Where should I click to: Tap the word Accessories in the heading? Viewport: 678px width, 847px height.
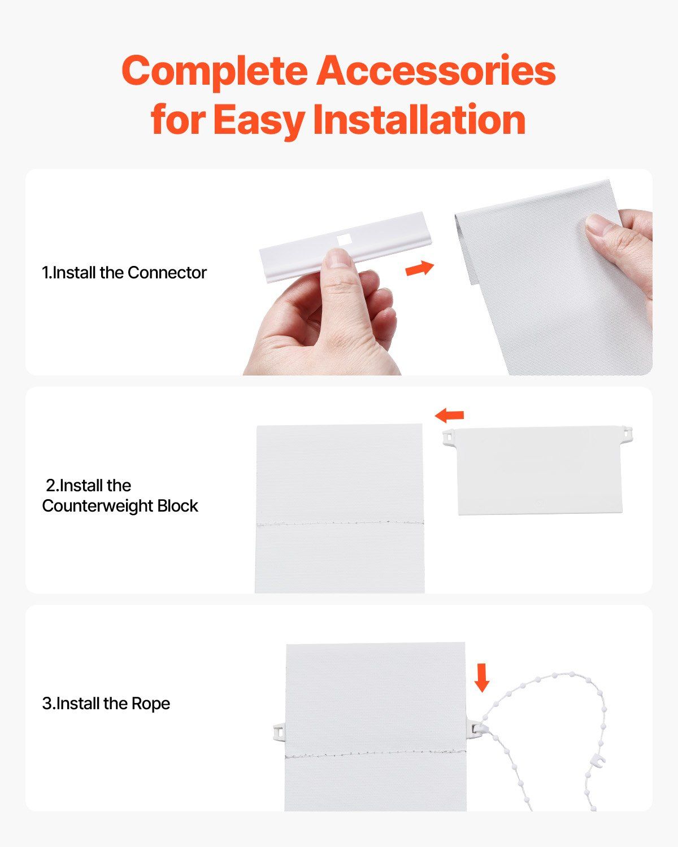point(436,70)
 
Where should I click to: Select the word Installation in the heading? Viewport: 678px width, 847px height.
point(419,119)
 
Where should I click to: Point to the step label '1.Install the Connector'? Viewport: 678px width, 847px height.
point(124,272)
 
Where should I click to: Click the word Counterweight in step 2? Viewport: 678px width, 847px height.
point(98,506)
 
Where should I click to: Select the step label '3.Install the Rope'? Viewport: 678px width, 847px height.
point(106,703)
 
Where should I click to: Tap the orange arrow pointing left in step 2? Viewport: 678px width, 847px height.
point(449,415)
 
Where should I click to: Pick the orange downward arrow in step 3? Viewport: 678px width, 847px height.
point(481,678)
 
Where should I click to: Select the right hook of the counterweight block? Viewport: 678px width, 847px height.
point(627,433)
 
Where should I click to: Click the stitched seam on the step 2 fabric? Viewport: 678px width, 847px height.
point(340,523)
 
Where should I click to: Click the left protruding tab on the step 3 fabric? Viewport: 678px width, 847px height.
point(279,732)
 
